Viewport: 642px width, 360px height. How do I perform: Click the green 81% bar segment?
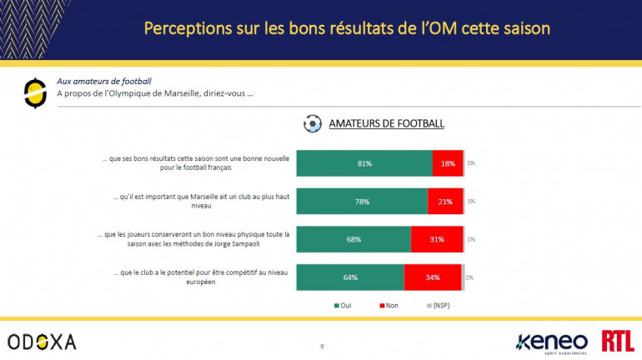coord(364,163)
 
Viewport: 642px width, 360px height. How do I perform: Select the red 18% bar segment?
coord(448,163)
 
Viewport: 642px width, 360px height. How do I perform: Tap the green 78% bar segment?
coord(362,201)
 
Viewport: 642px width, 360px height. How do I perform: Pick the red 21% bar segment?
coord(445,201)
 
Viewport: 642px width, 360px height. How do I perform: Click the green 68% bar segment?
coord(354,239)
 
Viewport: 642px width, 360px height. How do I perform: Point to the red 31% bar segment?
coord(436,239)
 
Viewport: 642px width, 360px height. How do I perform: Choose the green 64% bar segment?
coord(350,277)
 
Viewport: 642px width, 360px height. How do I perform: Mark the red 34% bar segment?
coord(433,277)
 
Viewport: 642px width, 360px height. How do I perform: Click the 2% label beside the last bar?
coord(469,277)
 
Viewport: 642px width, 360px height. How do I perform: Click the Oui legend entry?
coord(342,306)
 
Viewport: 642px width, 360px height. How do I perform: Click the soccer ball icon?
coord(313,124)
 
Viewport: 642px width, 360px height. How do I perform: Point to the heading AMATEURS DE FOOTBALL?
coord(386,124)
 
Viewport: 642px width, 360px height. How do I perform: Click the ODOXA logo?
coord(42,342)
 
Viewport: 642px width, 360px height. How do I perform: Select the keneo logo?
coord(552,342)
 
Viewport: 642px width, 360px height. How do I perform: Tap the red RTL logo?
coord(617,341)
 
